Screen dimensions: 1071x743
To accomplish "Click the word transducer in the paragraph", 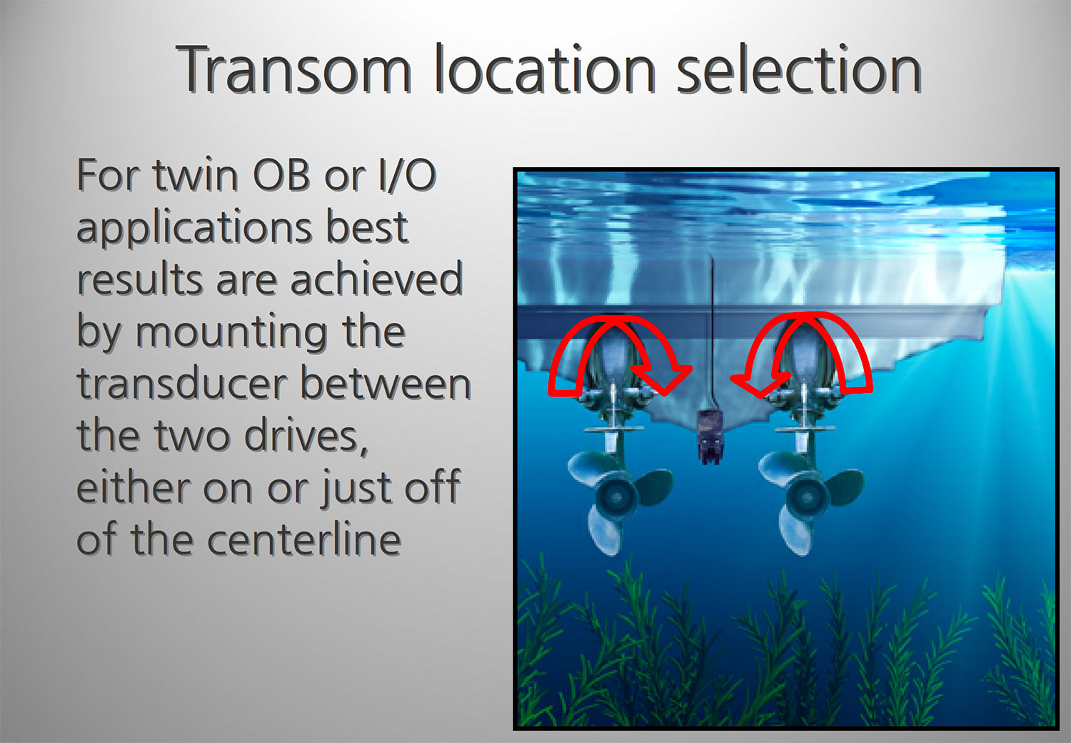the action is pyautogui.click(x=182, y=384).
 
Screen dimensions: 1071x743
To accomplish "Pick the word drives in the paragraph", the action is pyautogui.click(x=306, y=437).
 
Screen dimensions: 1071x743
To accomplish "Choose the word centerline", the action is pyautogui.click(x=304, y=539).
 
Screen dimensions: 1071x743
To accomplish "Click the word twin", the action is pyautogui.click(x=196, y=175).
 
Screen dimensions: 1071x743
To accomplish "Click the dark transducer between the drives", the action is pyautogui.click(x=710, y=437).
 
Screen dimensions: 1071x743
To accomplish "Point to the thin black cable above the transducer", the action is pyautogui.click(x=712, y=335).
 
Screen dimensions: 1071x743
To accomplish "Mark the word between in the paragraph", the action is pyautogui.click(x=386, y=384).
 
